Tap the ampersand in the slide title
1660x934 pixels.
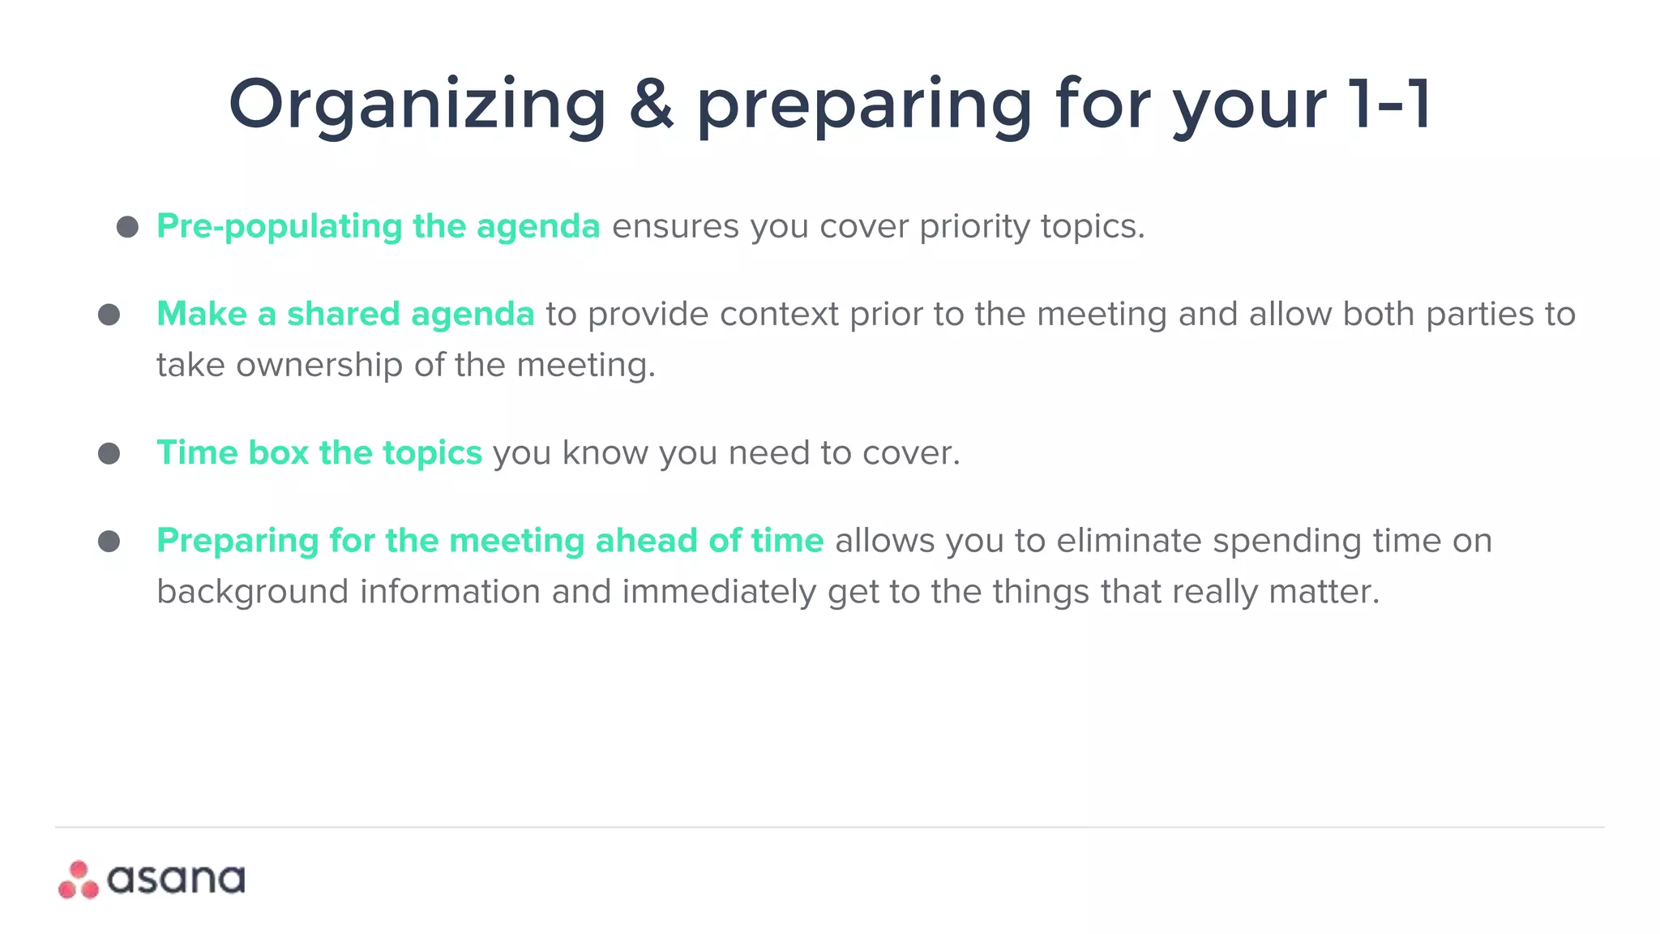coord(651,104)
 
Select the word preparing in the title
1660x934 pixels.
coord(864,105)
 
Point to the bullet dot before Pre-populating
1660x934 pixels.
coord(127,226)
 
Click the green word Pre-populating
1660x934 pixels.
coord(279,226)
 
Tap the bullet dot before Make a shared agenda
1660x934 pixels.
coord(109,315)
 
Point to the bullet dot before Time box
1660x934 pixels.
coord(109,453)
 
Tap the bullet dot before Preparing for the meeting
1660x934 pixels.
coord(109,541)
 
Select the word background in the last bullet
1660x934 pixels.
coord(253,592)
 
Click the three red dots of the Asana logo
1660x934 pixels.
coord(79,880)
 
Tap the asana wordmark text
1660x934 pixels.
coord(176,880)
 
